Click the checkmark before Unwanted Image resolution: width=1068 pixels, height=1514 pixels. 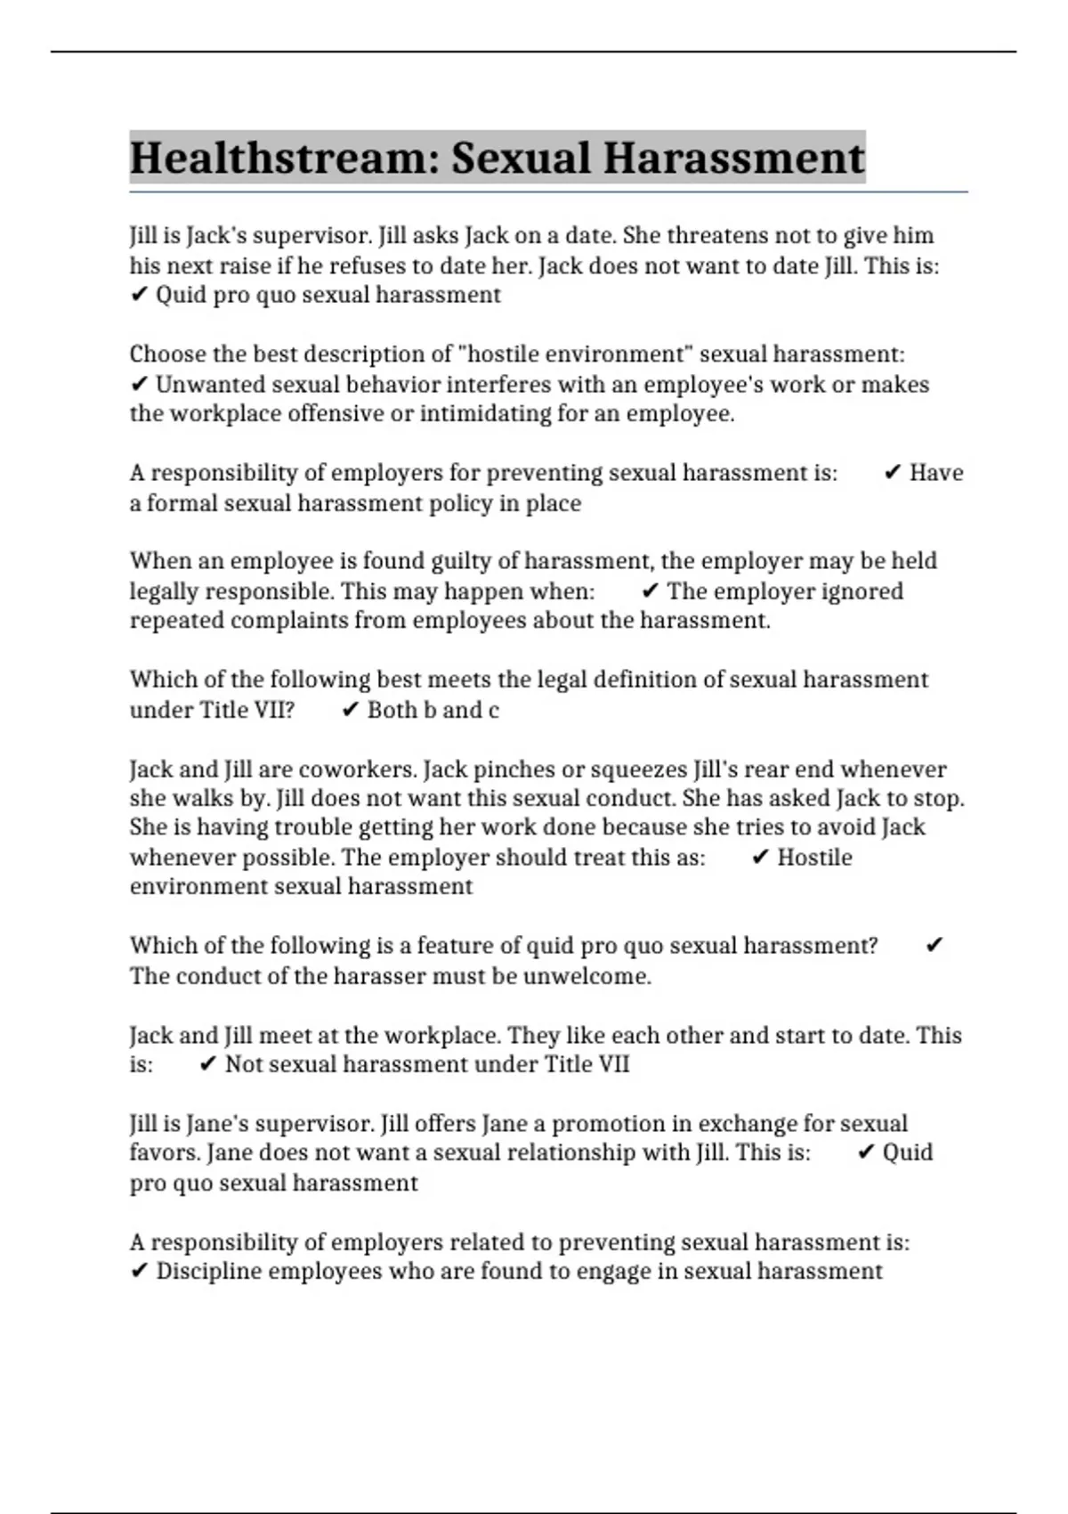[x=139, y=385]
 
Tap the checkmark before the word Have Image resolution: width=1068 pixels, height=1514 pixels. [x=893, y=473]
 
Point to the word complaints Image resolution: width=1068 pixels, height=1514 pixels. [x=289, y=621]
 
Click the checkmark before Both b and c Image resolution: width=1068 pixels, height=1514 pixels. [x=351, y=710]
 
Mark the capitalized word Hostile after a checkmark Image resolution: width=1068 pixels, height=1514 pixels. [x=814, y=858]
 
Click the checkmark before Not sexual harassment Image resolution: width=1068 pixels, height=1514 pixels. [x=208, y=1064]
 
